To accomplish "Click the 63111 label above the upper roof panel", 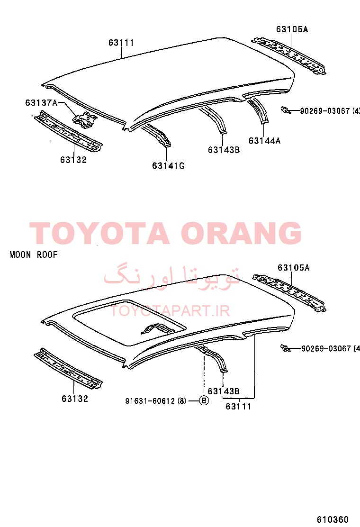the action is coord(121,43).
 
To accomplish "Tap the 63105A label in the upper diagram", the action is coord(292,29).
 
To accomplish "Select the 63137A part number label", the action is coord(41,102).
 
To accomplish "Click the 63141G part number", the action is coord(168,165).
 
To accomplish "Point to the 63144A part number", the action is coord(265,140).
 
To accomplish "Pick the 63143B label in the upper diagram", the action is coord(224,150).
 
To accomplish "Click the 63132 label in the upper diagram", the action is coord(73,160).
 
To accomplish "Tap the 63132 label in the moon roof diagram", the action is coord(74,399).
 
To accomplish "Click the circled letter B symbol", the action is coord(204,400).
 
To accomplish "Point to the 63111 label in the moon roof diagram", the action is coord(238,406).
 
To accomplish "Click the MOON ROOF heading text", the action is coord(34,255).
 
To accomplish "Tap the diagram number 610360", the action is coord(333,519).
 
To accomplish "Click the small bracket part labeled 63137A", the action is coord(85,120).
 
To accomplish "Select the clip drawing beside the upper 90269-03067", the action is coord(286,110).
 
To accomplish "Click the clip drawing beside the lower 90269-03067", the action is coord(286,348).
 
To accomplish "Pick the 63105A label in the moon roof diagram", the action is coord(294,268).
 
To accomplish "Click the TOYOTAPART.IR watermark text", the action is coord(170,311).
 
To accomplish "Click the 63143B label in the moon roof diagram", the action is coord(224,391).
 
